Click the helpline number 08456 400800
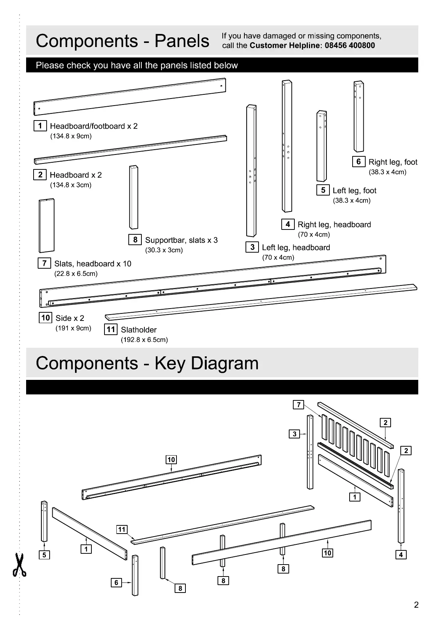point(350,46)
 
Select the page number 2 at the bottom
point(416,605)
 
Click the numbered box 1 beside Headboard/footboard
point(40,126)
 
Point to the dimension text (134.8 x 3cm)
point(71,185)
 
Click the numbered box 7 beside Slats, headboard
point(44,263)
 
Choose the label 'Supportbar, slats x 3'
point(181,240)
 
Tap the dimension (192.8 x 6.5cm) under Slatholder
point(144,340)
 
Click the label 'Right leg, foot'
point(393,162)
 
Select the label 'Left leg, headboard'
point(296,248)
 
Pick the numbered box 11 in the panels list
point(110,329)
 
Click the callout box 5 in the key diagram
point(44,555)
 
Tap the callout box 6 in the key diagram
point(116,582)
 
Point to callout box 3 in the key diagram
point(294,434)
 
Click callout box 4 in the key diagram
point(401,555)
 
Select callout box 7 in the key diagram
point(298,405)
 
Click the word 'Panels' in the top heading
point(182,41)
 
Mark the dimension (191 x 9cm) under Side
point(73,328)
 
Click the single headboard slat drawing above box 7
point(47,226)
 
